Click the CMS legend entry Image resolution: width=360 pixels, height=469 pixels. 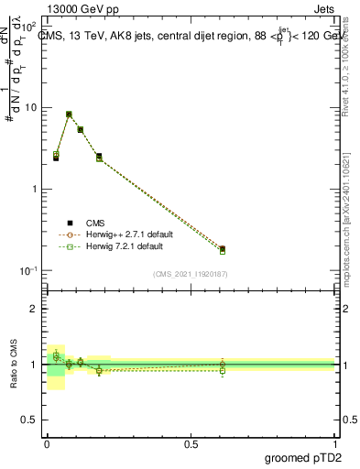pyautogui.click(x=95, y=222)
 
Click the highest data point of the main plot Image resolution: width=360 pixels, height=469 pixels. pyautogui.click(x=69, y=115)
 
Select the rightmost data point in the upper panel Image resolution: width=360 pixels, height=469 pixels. pyautogui.click(x=223, y=249)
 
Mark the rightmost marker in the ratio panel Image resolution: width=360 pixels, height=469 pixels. pyautogui.click(x=223, y=365)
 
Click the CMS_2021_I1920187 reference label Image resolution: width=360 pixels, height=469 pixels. pyautogui.click(x=190, y=273)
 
